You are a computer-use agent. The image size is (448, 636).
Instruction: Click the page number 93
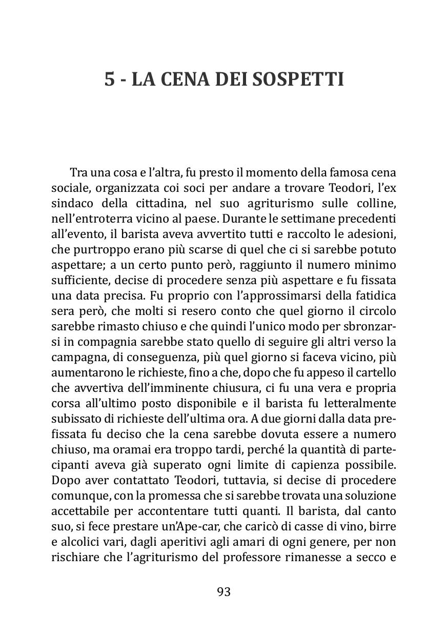pos(224,592)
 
